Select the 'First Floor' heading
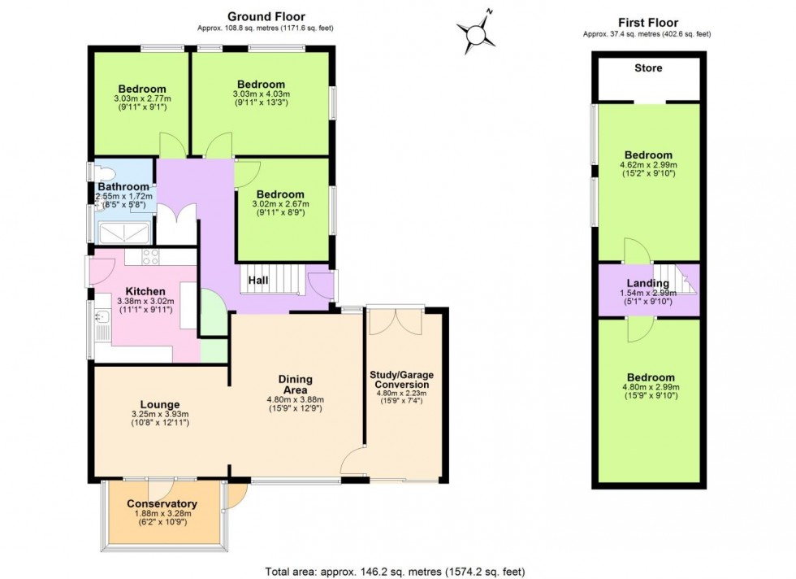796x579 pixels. [x=647, y=22]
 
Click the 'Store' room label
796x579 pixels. [x=647, y=68]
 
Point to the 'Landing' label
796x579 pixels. [x=647, y=283]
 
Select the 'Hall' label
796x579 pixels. [x=258, y=280]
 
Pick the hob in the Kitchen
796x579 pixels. [x=150, y=257]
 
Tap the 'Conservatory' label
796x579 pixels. [x=162, y=503]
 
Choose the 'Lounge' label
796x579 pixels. [x=159, y=404]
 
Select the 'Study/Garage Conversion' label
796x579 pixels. [x=401, y=380]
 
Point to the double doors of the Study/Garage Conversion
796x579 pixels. [x=394, y=321]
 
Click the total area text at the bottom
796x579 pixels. [x=397, y=571]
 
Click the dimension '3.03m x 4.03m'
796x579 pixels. [x=261, y=94]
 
